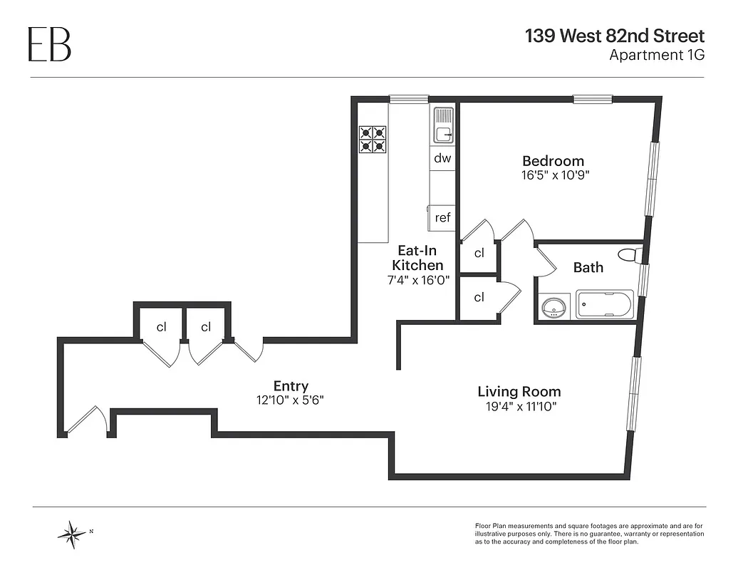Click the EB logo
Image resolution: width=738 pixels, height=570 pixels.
coord(49,43)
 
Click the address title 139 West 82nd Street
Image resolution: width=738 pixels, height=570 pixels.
coord(614,36)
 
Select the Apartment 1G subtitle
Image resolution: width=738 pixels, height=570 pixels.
coord(656,55)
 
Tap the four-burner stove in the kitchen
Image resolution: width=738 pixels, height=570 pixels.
coord(373,139)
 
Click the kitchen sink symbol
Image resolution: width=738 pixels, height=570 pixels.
coord(443,125)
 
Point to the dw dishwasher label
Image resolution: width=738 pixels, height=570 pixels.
coord(442,158)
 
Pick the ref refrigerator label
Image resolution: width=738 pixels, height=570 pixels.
coord(442,217)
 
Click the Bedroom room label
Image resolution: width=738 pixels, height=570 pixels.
coord(553,161)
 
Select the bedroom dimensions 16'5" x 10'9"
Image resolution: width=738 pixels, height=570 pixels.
coord(553,175)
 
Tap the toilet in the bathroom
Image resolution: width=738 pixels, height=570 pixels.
coord(628,255)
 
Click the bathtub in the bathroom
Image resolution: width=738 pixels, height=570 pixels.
coord(604,304)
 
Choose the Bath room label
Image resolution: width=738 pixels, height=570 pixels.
coord(588,268)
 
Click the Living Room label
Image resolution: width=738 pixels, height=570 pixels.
coord(519,392)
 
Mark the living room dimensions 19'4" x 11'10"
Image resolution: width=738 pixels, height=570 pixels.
coord(519,406)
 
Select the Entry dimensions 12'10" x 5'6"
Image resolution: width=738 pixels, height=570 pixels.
coord(290,400)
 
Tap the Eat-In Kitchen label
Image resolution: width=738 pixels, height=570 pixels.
coord(417,258)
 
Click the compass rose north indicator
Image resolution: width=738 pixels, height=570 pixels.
coord(73,533)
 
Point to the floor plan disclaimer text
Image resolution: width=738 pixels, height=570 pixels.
coord(589,534)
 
